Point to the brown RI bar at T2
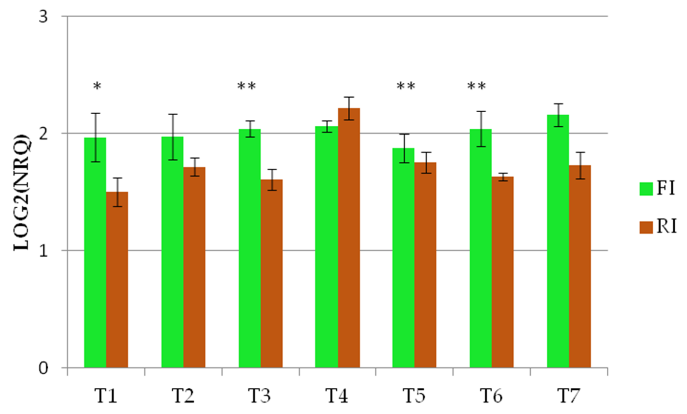point(194,267)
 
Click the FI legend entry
point(657,189)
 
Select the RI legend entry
point(658,227)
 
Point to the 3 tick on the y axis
point(43,17)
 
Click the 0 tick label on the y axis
point(43,368)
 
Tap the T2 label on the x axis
point(183,396)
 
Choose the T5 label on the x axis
point(414,396)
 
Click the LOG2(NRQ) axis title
point(22,192)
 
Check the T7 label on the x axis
point(569,396)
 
